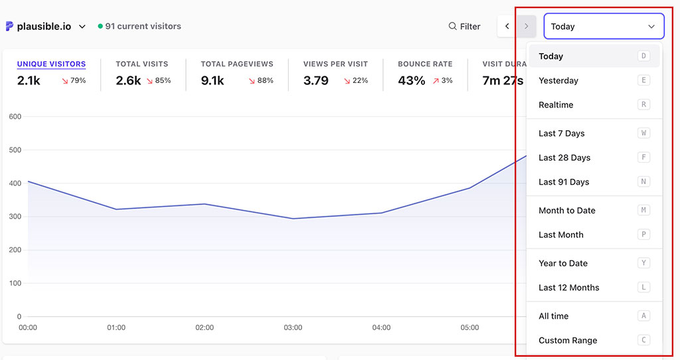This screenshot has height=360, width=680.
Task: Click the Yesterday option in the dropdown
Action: [558, 80]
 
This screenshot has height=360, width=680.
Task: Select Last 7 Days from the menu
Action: [562, 134]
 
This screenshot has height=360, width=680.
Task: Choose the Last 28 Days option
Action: [564, 157]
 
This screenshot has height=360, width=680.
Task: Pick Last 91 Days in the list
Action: [564, 182]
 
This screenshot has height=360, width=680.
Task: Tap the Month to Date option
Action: [567, 211]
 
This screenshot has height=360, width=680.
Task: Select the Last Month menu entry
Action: [561, 234]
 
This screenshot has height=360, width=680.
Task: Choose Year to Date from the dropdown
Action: [563, 263]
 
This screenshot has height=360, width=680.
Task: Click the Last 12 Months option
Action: [569, 288]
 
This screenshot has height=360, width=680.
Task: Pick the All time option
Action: [554, 316]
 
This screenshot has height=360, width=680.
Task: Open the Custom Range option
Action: [568, 340]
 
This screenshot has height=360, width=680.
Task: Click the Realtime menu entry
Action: [556, 105]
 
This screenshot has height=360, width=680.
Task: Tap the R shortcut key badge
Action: [643, 105]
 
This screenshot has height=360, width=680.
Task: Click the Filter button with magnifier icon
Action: [464, 27]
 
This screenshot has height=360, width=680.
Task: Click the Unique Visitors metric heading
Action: [51, 64]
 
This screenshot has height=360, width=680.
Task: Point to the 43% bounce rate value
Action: [412, 81]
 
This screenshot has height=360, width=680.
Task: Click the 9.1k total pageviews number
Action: [212, 81]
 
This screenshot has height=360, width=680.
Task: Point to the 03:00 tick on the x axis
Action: [293, 327]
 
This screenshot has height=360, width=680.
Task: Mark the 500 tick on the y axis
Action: [15, 150]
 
